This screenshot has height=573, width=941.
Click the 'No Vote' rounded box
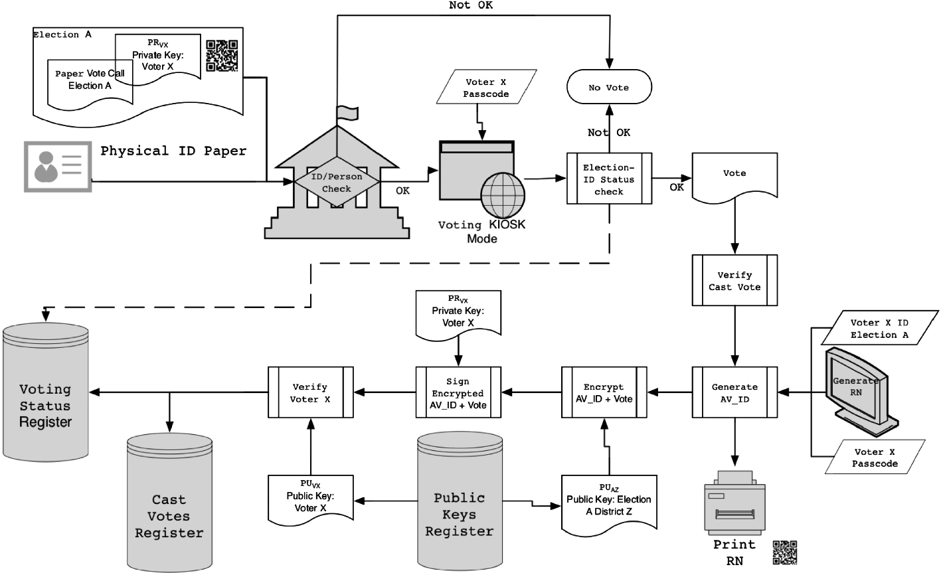608,88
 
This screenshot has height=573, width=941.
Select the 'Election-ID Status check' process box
609,179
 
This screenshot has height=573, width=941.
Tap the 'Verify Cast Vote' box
734,280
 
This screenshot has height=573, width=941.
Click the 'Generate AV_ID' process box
734,392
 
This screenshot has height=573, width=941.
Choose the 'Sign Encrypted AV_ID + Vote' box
458,392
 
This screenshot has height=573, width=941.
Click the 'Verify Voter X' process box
309,392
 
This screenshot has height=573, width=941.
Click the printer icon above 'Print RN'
733,502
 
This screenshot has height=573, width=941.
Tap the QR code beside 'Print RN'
784,552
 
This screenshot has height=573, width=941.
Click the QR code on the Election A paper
221,56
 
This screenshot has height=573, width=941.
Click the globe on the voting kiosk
502,195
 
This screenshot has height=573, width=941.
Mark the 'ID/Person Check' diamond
336,181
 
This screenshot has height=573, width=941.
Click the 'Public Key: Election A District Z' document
608,504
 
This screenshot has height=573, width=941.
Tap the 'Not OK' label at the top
471,5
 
